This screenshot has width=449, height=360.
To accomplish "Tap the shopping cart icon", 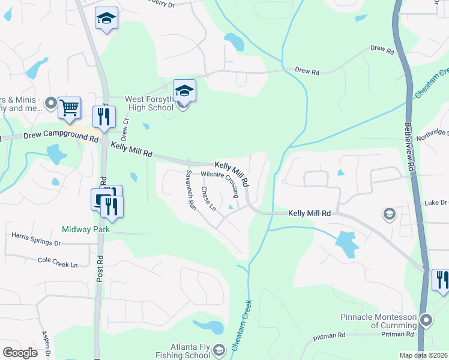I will pyautogui.click(x=70, y=108).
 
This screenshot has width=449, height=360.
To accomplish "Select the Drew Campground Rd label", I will pyautogui.click(x=61, y=137).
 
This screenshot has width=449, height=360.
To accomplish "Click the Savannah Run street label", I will pyautogui.click(x=190, y=188).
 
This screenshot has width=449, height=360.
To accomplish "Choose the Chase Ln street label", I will pyautogui.click(x=208, y=199).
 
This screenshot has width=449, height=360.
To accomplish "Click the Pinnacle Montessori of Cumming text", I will pyautogui.click(x=384, y=322).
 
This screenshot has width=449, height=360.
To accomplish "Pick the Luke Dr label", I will pyautogui.click(x=435, y=203).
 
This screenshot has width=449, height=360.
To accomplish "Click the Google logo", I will pyautogui.click(x=20, y=352).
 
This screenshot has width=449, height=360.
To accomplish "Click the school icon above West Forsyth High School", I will pyautogui.click(x=184, y=91).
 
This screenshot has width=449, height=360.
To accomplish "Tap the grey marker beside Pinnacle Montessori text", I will pyautogui.click(x=426, y=319).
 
